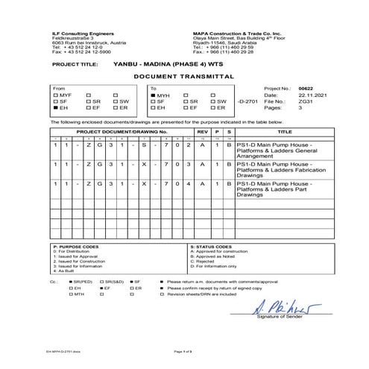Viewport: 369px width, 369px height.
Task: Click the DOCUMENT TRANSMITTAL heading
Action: (184, 77)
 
